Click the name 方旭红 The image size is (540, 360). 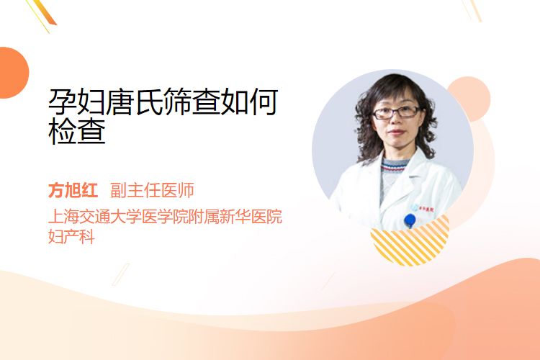[73, 190]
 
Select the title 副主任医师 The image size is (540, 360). [152, 190]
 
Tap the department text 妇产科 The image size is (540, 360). [71, 237]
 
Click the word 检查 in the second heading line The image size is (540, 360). [77, 131]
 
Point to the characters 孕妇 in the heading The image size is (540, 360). [77, 102]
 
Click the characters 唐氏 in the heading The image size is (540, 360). [135, 102]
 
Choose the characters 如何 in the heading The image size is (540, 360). [249, 102]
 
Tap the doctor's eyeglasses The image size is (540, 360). [396, 112]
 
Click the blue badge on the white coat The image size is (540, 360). [410, 220]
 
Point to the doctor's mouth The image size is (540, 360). [396, 132]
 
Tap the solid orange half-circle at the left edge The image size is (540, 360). [13, 73]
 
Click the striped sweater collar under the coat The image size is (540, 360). [395, 166]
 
